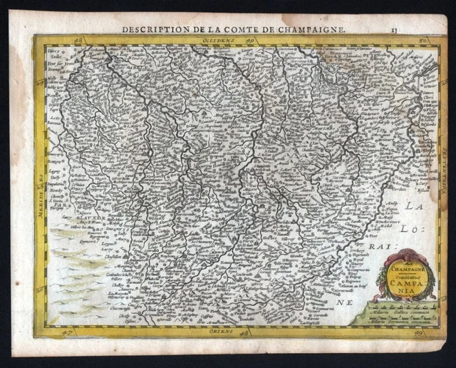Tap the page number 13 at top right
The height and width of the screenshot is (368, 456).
394,29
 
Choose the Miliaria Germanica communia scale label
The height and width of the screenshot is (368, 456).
390,317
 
